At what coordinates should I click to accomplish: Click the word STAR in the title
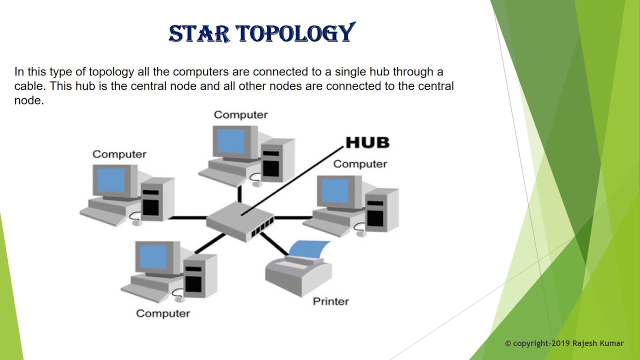click(x=199, y=33)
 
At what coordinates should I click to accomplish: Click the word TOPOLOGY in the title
click(x=295, y=33)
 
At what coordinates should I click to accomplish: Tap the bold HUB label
click(x=367, y=142)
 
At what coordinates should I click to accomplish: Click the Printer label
click(x=330, y=301)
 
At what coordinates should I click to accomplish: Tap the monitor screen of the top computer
click(x=231, y=141)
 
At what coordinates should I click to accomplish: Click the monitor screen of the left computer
click(x=110, y=180)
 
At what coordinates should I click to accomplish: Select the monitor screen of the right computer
click(x=334, y=191)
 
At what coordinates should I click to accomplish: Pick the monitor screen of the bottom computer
click(x=153, y=257)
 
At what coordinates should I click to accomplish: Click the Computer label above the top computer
click(x=240, y=115)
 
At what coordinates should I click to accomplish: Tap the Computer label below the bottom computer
click(x=163, y=313)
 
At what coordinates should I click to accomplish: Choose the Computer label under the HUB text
click(x=360, y=164)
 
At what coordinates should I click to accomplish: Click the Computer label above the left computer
click(x=119, y=154)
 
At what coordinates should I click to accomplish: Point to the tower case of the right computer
click(x=382, y=210)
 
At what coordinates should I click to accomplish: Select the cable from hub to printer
click(x=272, y=243)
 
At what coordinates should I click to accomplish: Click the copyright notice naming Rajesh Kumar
click(x=564, y=343)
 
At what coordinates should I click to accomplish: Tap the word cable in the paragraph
click(x=30, y=86)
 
